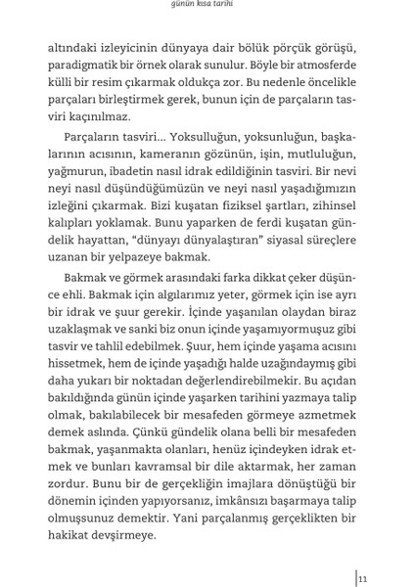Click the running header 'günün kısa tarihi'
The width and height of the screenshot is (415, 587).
pyautogui.click(x=207, y=5)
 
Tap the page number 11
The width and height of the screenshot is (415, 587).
pyautogui.click(x=362, y=578)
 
